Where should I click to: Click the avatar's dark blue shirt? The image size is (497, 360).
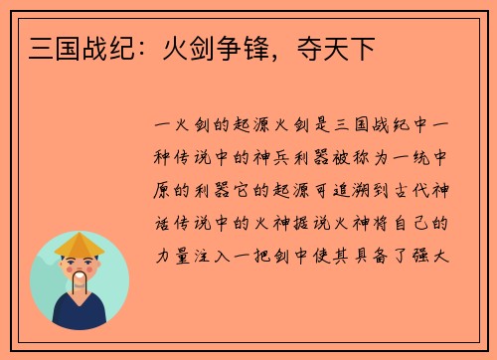pyautogui.click(x=80, y=314)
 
